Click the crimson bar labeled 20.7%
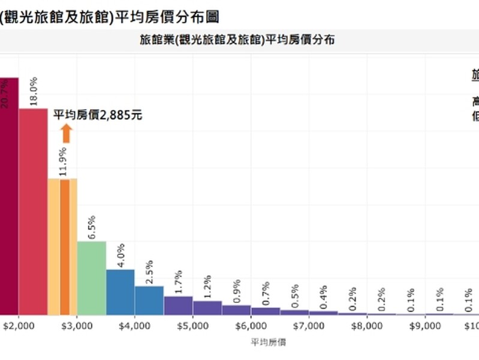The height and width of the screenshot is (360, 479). [x=8, y=198]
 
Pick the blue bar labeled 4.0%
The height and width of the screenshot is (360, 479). [x=120, y=292]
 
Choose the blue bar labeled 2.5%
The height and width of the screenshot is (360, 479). [x=149, y=300]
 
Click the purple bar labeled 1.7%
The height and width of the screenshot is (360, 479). [x=178, y=305]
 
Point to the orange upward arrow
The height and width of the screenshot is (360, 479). [x=66, y=133]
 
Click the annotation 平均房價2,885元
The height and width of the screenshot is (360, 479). [x=98, y=115]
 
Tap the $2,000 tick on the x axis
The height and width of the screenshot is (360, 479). [x=19, y=326]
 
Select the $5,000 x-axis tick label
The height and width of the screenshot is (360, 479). [x=193, y=326]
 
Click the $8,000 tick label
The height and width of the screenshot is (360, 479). [x=367, y=326]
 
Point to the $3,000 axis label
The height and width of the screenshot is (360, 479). [x=77, y=326]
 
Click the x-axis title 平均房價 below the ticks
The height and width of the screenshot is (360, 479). [x=268, y=342]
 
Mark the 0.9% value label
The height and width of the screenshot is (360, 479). [x=236, y=290]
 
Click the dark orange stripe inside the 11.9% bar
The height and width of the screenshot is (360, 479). [x=65, y=247]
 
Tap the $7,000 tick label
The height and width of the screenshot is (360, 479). [x=309, y=326]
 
